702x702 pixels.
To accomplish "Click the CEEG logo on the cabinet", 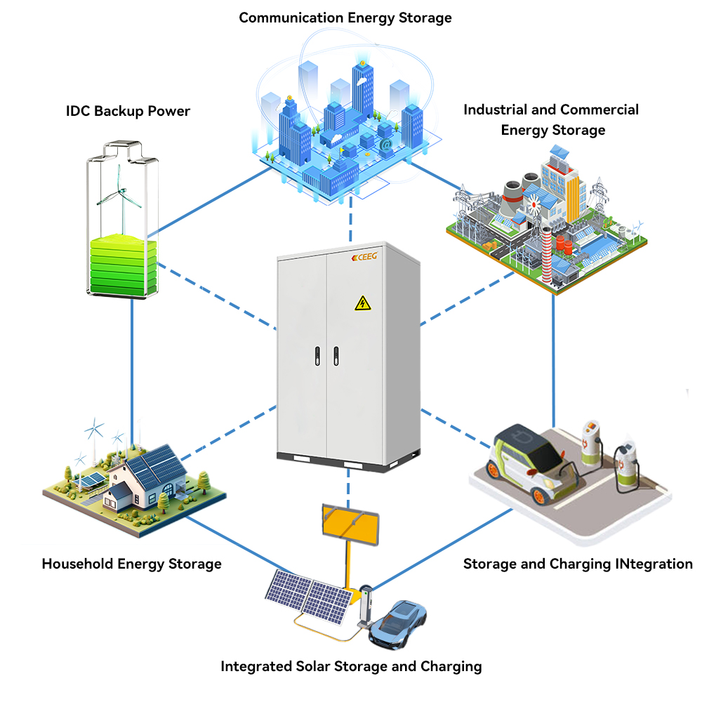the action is click(364, 256).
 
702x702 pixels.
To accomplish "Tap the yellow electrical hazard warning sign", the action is click(363, 303).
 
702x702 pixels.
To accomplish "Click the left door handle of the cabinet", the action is click(317, 357).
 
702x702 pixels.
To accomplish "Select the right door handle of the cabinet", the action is click(336, 356).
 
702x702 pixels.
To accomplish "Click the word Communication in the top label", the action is click(291, 18).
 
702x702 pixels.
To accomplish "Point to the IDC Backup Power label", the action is click(128, 111).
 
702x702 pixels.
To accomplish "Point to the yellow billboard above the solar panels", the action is click(350, 524).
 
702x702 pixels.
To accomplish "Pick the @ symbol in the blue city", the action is click(385, 145).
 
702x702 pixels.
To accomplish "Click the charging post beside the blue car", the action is click(366, 605).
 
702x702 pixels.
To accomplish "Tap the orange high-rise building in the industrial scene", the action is click(573, 197).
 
